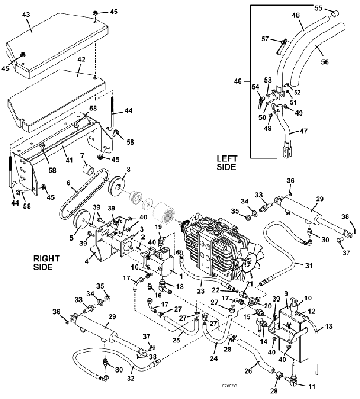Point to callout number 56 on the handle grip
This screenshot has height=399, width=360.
(x=325, y=61)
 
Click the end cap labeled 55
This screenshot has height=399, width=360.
(x=334, y=12)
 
